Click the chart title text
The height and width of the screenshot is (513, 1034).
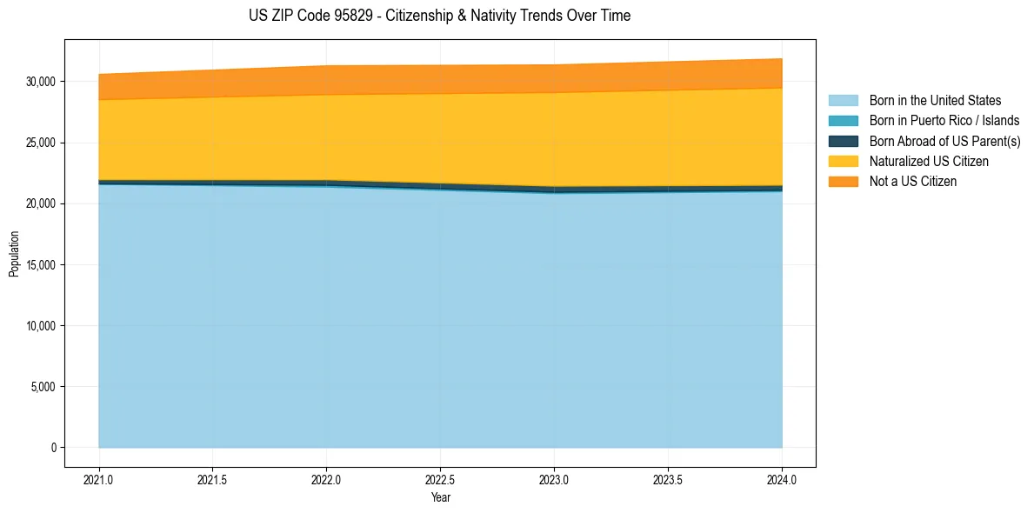coord(439,16)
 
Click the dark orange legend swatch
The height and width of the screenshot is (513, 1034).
coord(843,181)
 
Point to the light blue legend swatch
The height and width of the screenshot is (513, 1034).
coord(843,101)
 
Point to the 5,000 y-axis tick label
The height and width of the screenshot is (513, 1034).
coord(44,387)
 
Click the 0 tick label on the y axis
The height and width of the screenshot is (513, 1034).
coord(53,448)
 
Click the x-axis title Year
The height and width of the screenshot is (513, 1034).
coord(440,497)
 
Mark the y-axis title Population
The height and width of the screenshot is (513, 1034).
coord(14,254)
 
